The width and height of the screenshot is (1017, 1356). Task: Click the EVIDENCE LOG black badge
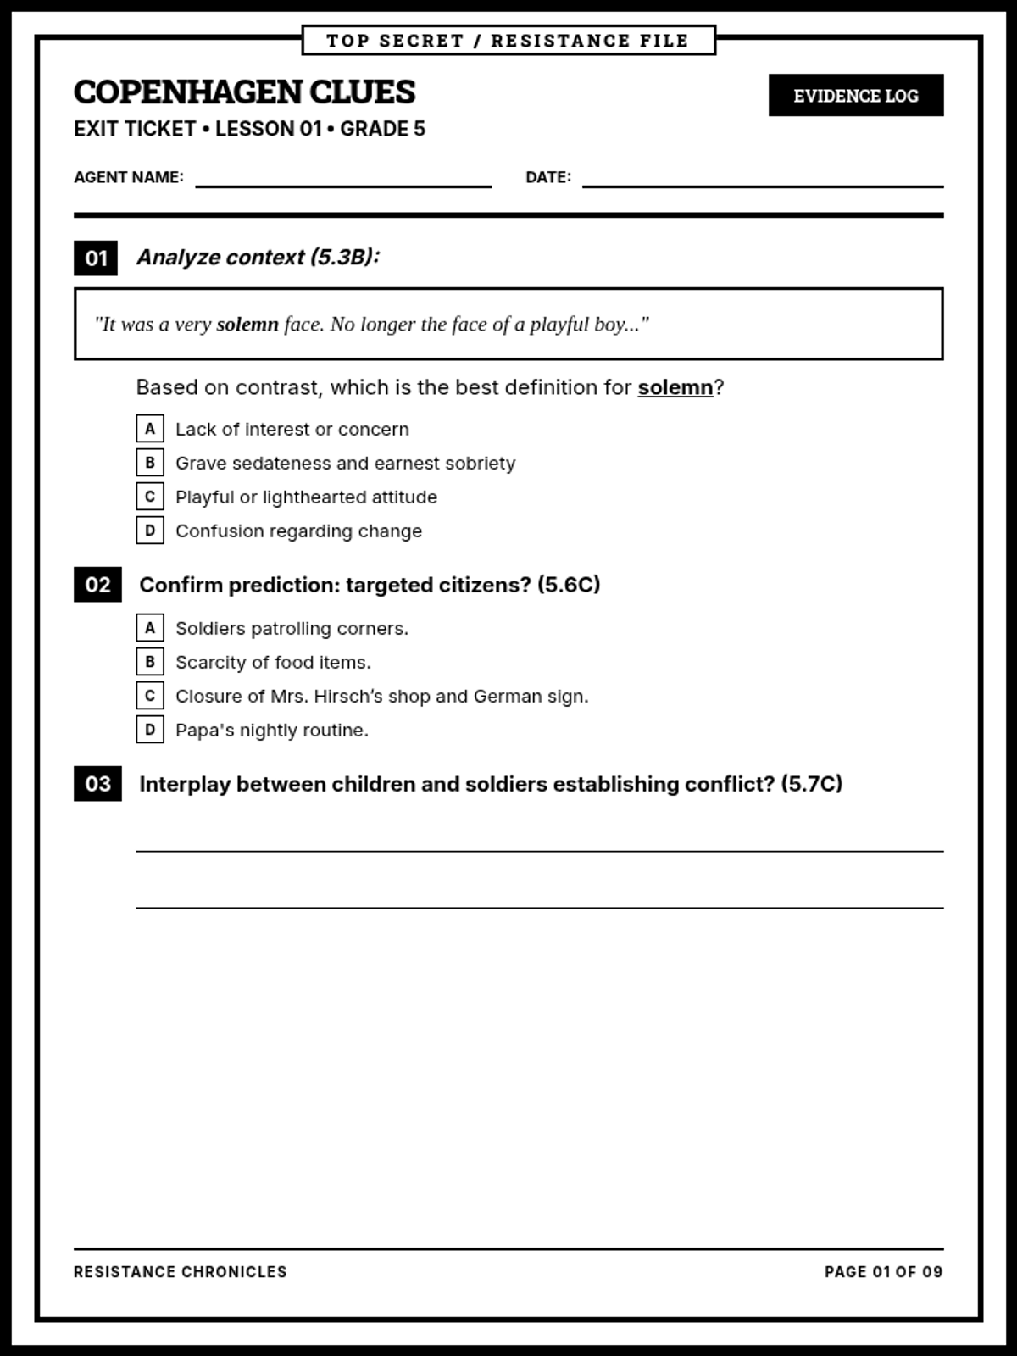click(855, 95)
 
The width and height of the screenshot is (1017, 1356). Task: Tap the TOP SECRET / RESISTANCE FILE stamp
click(508, 41)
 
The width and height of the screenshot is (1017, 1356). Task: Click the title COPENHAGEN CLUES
click(245, 92)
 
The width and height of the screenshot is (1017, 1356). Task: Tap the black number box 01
click(96, 258)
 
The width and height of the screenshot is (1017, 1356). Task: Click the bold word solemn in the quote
click(247, 325)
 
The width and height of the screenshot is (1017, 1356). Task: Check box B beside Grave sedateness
click(150, 463)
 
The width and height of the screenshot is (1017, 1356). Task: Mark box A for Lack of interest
click(150, 429)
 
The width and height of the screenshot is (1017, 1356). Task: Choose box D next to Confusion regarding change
click(150, 531)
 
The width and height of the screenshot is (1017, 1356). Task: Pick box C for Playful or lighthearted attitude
click(150, 497)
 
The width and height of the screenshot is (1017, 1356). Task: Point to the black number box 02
click(97, 585)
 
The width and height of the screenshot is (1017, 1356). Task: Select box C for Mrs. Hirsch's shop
click(150, 696)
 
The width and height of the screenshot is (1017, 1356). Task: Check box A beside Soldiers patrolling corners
click(150, 628)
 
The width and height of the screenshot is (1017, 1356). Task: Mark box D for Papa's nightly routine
click(150, 730)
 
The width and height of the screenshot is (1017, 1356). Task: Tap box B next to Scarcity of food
click(150, 662)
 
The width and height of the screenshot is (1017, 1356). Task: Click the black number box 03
click(97, 784)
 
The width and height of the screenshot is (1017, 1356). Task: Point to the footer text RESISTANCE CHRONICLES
click(181, 1272)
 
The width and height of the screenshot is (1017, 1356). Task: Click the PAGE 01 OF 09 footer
click(883, 1272)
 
